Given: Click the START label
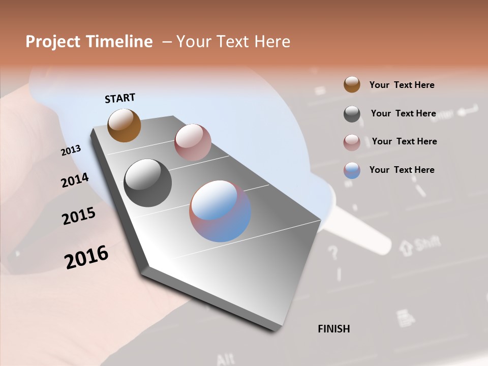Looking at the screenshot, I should pos(120,98).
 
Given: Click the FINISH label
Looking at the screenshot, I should pos(334,329).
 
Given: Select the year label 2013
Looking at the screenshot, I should pos(71,150).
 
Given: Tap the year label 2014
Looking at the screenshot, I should pos(75,180).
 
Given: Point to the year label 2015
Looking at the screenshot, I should pos(79,217).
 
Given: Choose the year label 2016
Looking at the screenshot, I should pos(86,257).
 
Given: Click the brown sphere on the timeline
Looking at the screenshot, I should pos(124,125).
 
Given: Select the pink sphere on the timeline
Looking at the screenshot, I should pos(193,142).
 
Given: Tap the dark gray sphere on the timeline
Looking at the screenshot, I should pos(147,183).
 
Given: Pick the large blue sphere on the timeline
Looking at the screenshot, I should pos(220,211).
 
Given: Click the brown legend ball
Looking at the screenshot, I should pos(352,84).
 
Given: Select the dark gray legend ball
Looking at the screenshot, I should pos(352,114).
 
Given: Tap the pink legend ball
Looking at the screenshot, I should pos(352,142).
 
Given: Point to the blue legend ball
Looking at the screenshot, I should pos(352,170).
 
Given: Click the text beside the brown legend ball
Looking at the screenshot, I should pos(402,85).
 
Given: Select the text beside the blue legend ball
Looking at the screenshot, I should pos(402,170).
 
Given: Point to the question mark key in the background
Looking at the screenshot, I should pos(333,252).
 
